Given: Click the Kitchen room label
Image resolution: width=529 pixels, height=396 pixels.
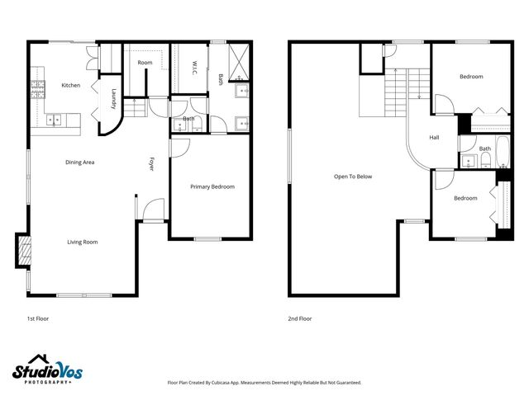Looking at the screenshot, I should pyautogui.click(x=70, y=85).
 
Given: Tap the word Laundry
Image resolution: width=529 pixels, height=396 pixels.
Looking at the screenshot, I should pyautogui.click(x=113, y=99).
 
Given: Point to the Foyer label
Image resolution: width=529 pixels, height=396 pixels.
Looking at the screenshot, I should pyautogui.click(x=151, y=163).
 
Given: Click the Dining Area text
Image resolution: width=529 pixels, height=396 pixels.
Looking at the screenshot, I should pyautogui.click(x=79, y=163).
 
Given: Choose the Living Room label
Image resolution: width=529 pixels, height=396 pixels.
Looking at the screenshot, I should pyautogui.click(x=83, y=242).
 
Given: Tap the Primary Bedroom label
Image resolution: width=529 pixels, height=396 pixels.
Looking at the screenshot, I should pyautogui.click(x=212, y=186).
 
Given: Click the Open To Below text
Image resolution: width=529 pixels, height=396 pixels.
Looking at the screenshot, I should pyautogui.click(x=353, y=177).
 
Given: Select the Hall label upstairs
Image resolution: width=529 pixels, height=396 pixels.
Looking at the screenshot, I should pyautogui.click(x=434, y=138).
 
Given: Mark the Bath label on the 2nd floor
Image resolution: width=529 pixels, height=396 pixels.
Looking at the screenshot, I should pyautogui.click(x=485, y=148).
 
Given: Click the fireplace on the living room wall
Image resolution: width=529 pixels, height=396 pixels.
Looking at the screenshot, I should pyautogui.click(x=22, y=251).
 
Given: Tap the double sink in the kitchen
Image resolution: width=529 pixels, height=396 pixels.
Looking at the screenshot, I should pyautogui.click(x=55, y=120).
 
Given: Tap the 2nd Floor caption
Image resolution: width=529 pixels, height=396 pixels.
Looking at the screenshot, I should pyautogui.click(x=299, y=318).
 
